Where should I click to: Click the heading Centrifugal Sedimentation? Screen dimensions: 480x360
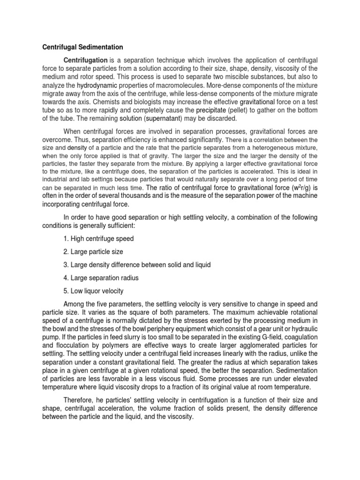pyautogui.click(x=83, y=47)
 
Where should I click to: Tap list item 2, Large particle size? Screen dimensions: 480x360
pyautogui.click(x=94, y=252)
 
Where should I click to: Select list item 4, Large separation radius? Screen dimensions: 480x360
pyautogui.click(x=101, y=278)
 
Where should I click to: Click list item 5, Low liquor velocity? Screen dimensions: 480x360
pyautogui.click(x=97, y=291)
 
